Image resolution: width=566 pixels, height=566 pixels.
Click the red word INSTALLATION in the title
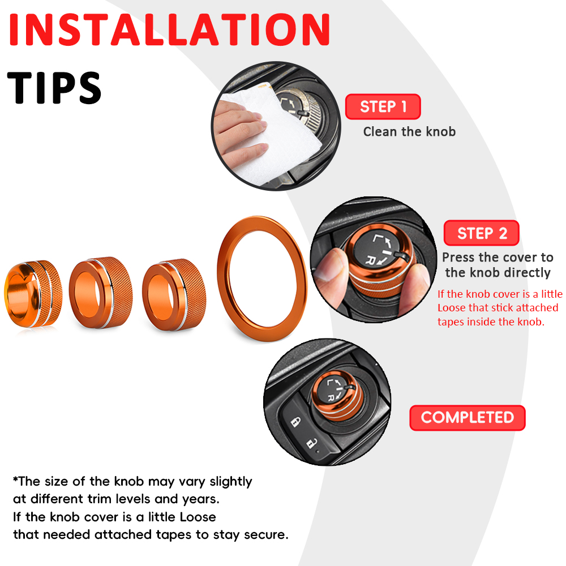169,29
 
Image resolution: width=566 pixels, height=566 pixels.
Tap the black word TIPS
54,88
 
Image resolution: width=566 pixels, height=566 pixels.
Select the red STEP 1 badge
383,106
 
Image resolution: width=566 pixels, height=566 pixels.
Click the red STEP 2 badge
482,233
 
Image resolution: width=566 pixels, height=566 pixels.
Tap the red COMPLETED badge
468,418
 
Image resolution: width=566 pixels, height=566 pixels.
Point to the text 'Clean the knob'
409,132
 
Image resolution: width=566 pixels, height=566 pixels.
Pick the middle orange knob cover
101,293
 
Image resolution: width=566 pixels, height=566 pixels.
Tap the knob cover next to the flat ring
174,294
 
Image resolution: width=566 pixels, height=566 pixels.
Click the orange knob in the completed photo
337,395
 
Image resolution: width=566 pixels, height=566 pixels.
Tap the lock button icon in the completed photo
295,422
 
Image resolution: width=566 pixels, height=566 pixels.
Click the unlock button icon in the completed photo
311,443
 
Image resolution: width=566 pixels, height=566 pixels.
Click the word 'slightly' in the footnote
231,482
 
